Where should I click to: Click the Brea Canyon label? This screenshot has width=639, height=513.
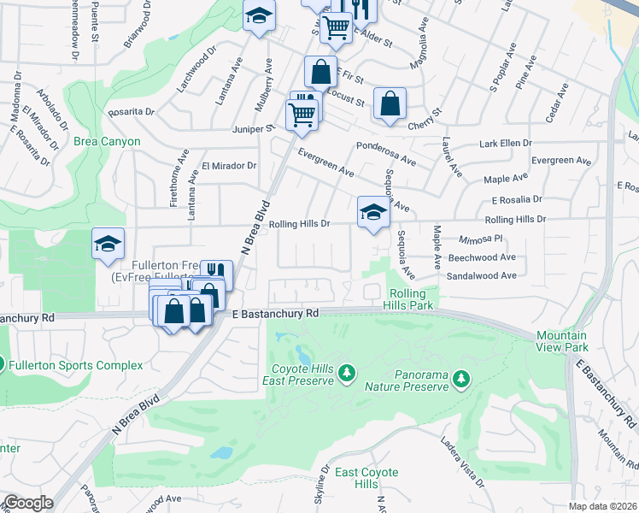click(x=107, y=141)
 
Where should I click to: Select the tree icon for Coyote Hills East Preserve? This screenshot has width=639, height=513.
click(x=346, y=373)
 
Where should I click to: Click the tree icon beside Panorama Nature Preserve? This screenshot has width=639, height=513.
click(x=460, y=378)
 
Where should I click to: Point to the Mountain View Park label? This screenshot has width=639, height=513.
click(x=561, y=342)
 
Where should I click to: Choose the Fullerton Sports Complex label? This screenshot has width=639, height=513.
click(x=75, y=365)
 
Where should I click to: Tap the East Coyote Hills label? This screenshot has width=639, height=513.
click(x=366, y=478)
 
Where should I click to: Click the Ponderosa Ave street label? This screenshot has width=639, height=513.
click(x=386, y=153)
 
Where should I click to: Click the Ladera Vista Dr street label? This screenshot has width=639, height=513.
click(x=461, y=465)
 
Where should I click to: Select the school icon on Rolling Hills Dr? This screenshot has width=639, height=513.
click(x=372, y=213)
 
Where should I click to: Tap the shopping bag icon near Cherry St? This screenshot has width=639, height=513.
click(x=390, y=104)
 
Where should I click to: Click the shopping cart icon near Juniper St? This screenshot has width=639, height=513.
click(x=302, y=114)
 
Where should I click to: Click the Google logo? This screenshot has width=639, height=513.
click(x=27, y=503)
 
